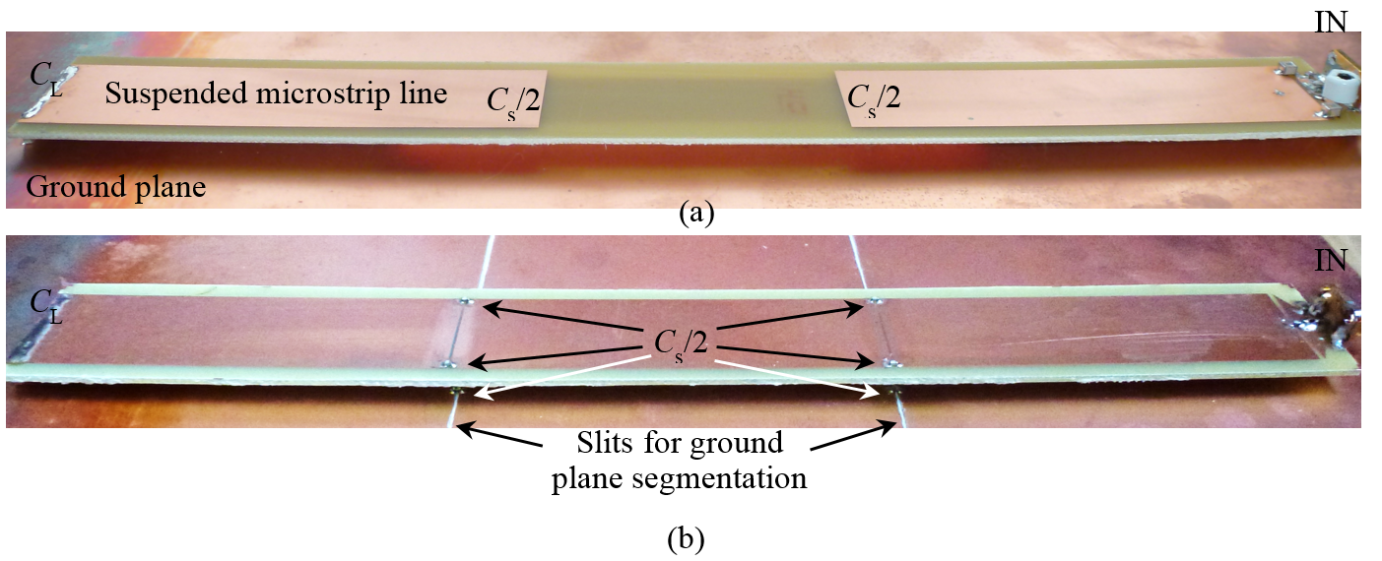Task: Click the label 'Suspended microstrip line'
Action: tap(276, 94)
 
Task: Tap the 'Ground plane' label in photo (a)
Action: tap(116, 187)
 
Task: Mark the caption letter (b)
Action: tap(687, 538)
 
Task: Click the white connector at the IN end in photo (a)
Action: tap(1340, 86)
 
